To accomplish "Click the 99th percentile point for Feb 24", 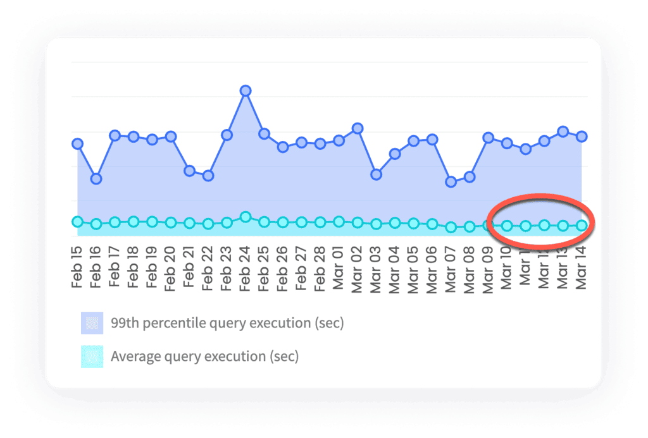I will tap(246, 90).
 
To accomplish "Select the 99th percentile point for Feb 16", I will tap(96, 179).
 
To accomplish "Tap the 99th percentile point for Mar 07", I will tap(451, 182).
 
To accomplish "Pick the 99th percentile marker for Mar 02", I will tap(358, 128).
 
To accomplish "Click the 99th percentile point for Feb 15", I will tap(77, 143).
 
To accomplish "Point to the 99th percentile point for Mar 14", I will tap(582, 137).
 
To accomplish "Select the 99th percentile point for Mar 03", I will tap(376, 174).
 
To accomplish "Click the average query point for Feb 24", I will tap(246, 217).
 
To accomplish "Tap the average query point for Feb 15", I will tap(77, 221).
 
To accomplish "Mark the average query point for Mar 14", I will tap(582, 225).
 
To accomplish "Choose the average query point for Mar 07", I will tap(451, 227).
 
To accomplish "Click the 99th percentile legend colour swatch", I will tap(92, 323).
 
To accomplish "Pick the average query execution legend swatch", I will tap(92, 356).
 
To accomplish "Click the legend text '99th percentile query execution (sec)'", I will tap(227, 323).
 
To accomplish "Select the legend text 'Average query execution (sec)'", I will tap(204, 356).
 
